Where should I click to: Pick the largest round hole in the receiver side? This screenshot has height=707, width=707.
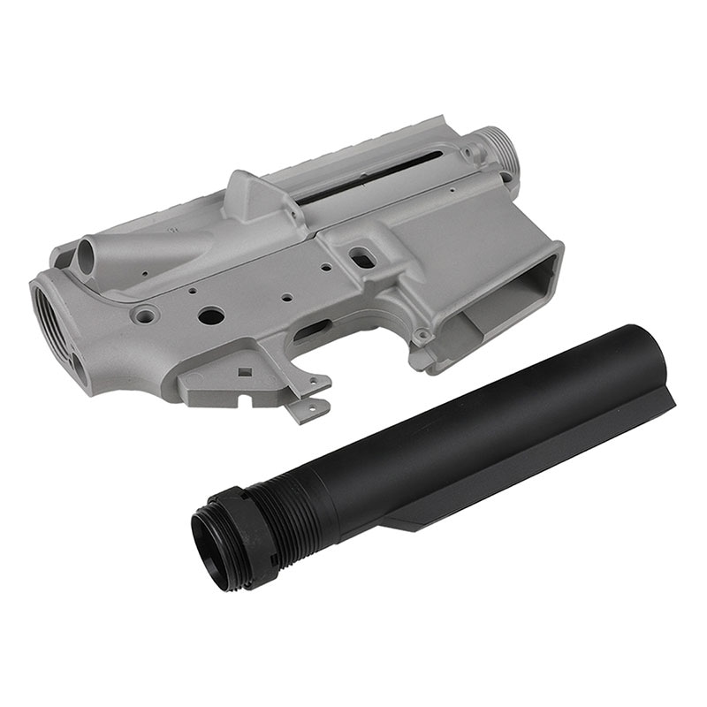click(x=210, y=315)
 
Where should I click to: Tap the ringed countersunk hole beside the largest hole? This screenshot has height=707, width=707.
click(x=144, y=313)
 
